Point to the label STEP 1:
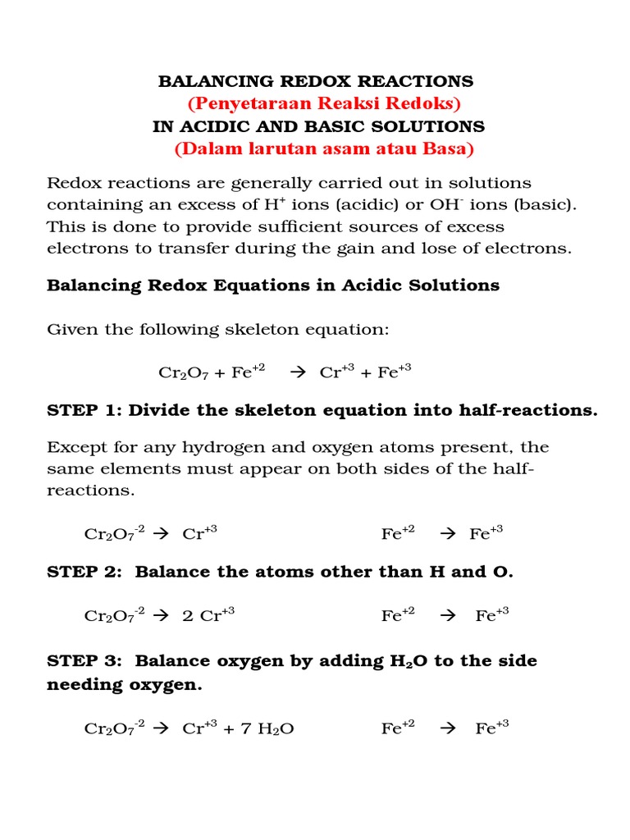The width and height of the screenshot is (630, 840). pos(81,410)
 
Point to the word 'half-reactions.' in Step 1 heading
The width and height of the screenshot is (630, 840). pos(528,410)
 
